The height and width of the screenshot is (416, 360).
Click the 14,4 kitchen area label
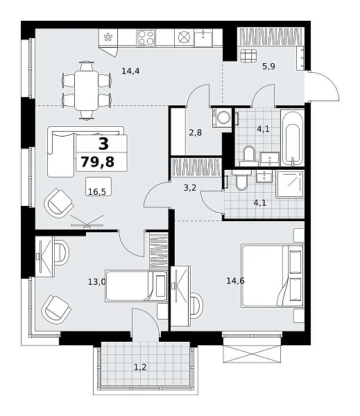tap(130, 71)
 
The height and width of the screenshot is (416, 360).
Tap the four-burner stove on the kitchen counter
tap(146, 37)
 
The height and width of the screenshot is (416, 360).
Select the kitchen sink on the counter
tap(203, 38)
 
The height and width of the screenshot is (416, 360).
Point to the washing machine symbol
tap(222, 117)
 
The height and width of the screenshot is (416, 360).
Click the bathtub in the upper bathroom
tap(292, 139)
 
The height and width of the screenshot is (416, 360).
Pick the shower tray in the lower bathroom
tap(290, 184)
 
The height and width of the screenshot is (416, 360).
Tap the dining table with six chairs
tap(86, 90)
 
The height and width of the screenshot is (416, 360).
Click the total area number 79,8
tap(97, 162)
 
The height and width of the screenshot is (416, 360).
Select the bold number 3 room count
tap(103, 144)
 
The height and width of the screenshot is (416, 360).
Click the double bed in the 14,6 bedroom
tap(272, 276)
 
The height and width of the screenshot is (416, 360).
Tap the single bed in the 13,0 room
tap(136, 286)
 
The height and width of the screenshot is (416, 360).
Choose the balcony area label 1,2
tap(140, 367)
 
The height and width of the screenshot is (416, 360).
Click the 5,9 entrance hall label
tap(268, 66)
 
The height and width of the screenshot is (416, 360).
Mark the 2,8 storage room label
tap(195, 132)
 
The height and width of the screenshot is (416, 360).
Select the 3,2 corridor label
tap(190, 188)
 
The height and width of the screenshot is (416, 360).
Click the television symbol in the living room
tap(87, 223)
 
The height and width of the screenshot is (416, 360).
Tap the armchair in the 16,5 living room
tap(59, 202)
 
